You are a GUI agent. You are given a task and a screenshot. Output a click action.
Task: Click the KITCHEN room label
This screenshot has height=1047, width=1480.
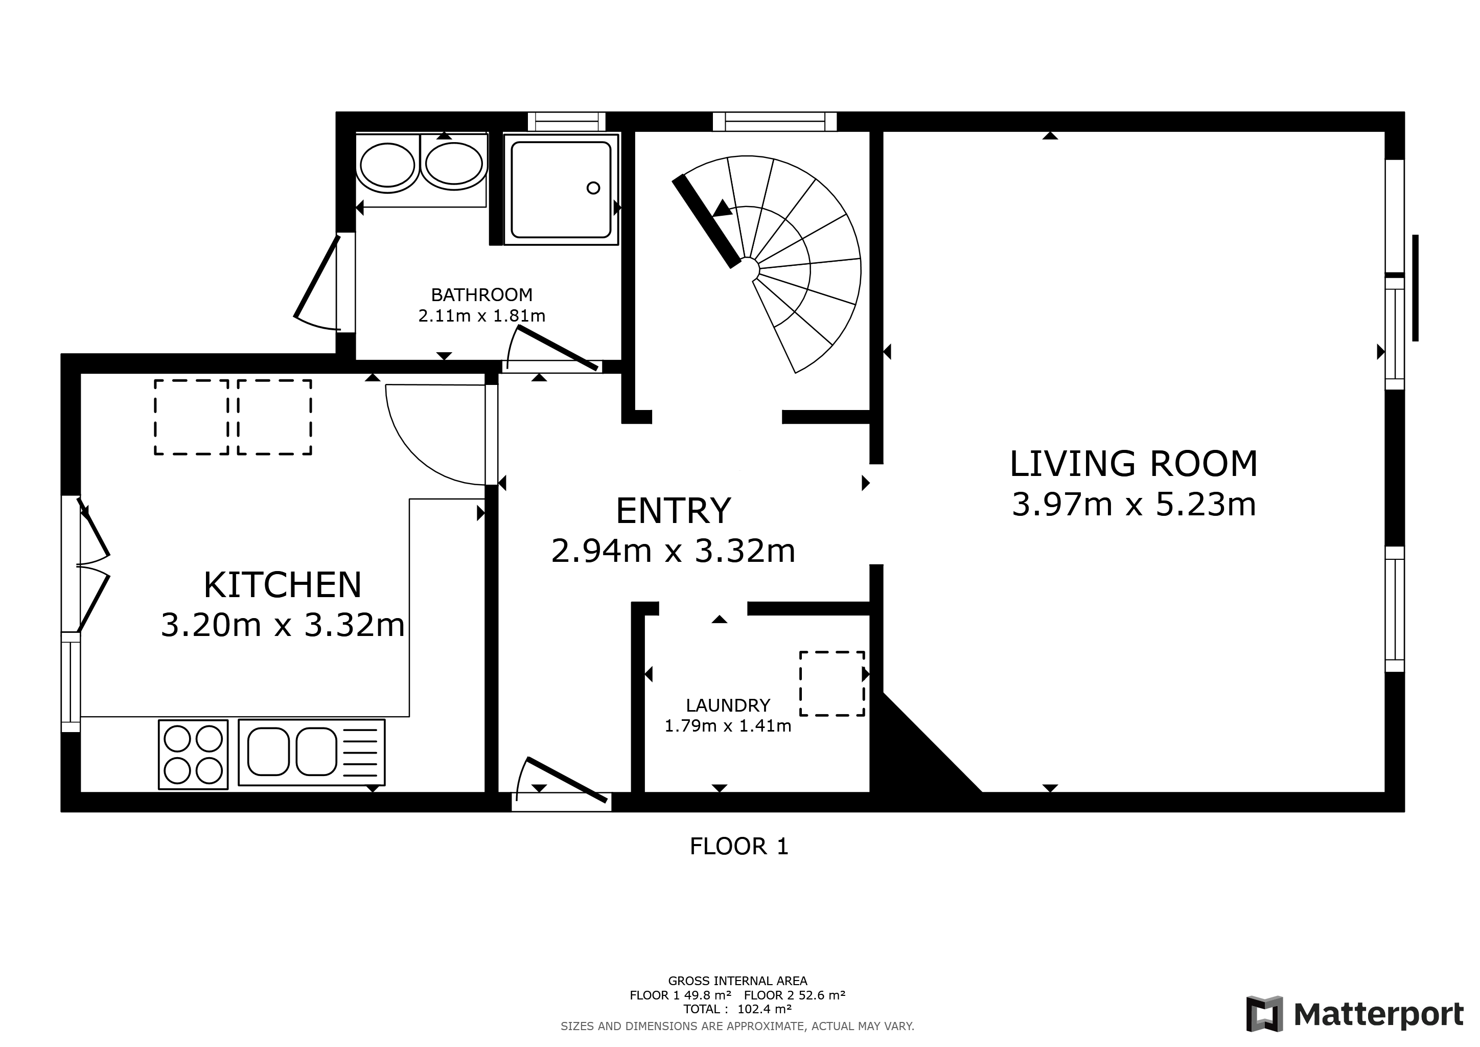point(282,585)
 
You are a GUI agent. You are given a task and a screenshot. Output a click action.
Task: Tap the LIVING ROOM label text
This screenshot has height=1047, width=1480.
point(1133,464)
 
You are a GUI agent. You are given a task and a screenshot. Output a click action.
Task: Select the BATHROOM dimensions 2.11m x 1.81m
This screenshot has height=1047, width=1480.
point(481,316)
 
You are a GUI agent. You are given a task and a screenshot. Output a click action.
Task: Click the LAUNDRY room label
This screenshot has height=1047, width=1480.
point(728,705)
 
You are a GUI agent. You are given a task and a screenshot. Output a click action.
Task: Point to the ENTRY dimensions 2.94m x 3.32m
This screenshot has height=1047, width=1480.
point(673,551)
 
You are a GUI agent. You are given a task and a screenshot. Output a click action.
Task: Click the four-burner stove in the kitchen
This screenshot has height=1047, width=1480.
point(193,754)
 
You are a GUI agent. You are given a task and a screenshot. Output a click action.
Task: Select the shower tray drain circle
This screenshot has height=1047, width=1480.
point(593,188)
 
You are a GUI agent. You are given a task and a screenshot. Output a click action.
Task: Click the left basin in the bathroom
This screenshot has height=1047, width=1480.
point(387,165)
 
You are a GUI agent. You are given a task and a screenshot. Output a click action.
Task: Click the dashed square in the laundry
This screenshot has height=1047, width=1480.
point(831,684)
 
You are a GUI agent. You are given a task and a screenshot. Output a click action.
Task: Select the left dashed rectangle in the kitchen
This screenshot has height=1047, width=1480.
point(192,417)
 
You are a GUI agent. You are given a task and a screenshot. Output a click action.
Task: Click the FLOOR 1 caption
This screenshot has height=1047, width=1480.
point(738,847)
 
